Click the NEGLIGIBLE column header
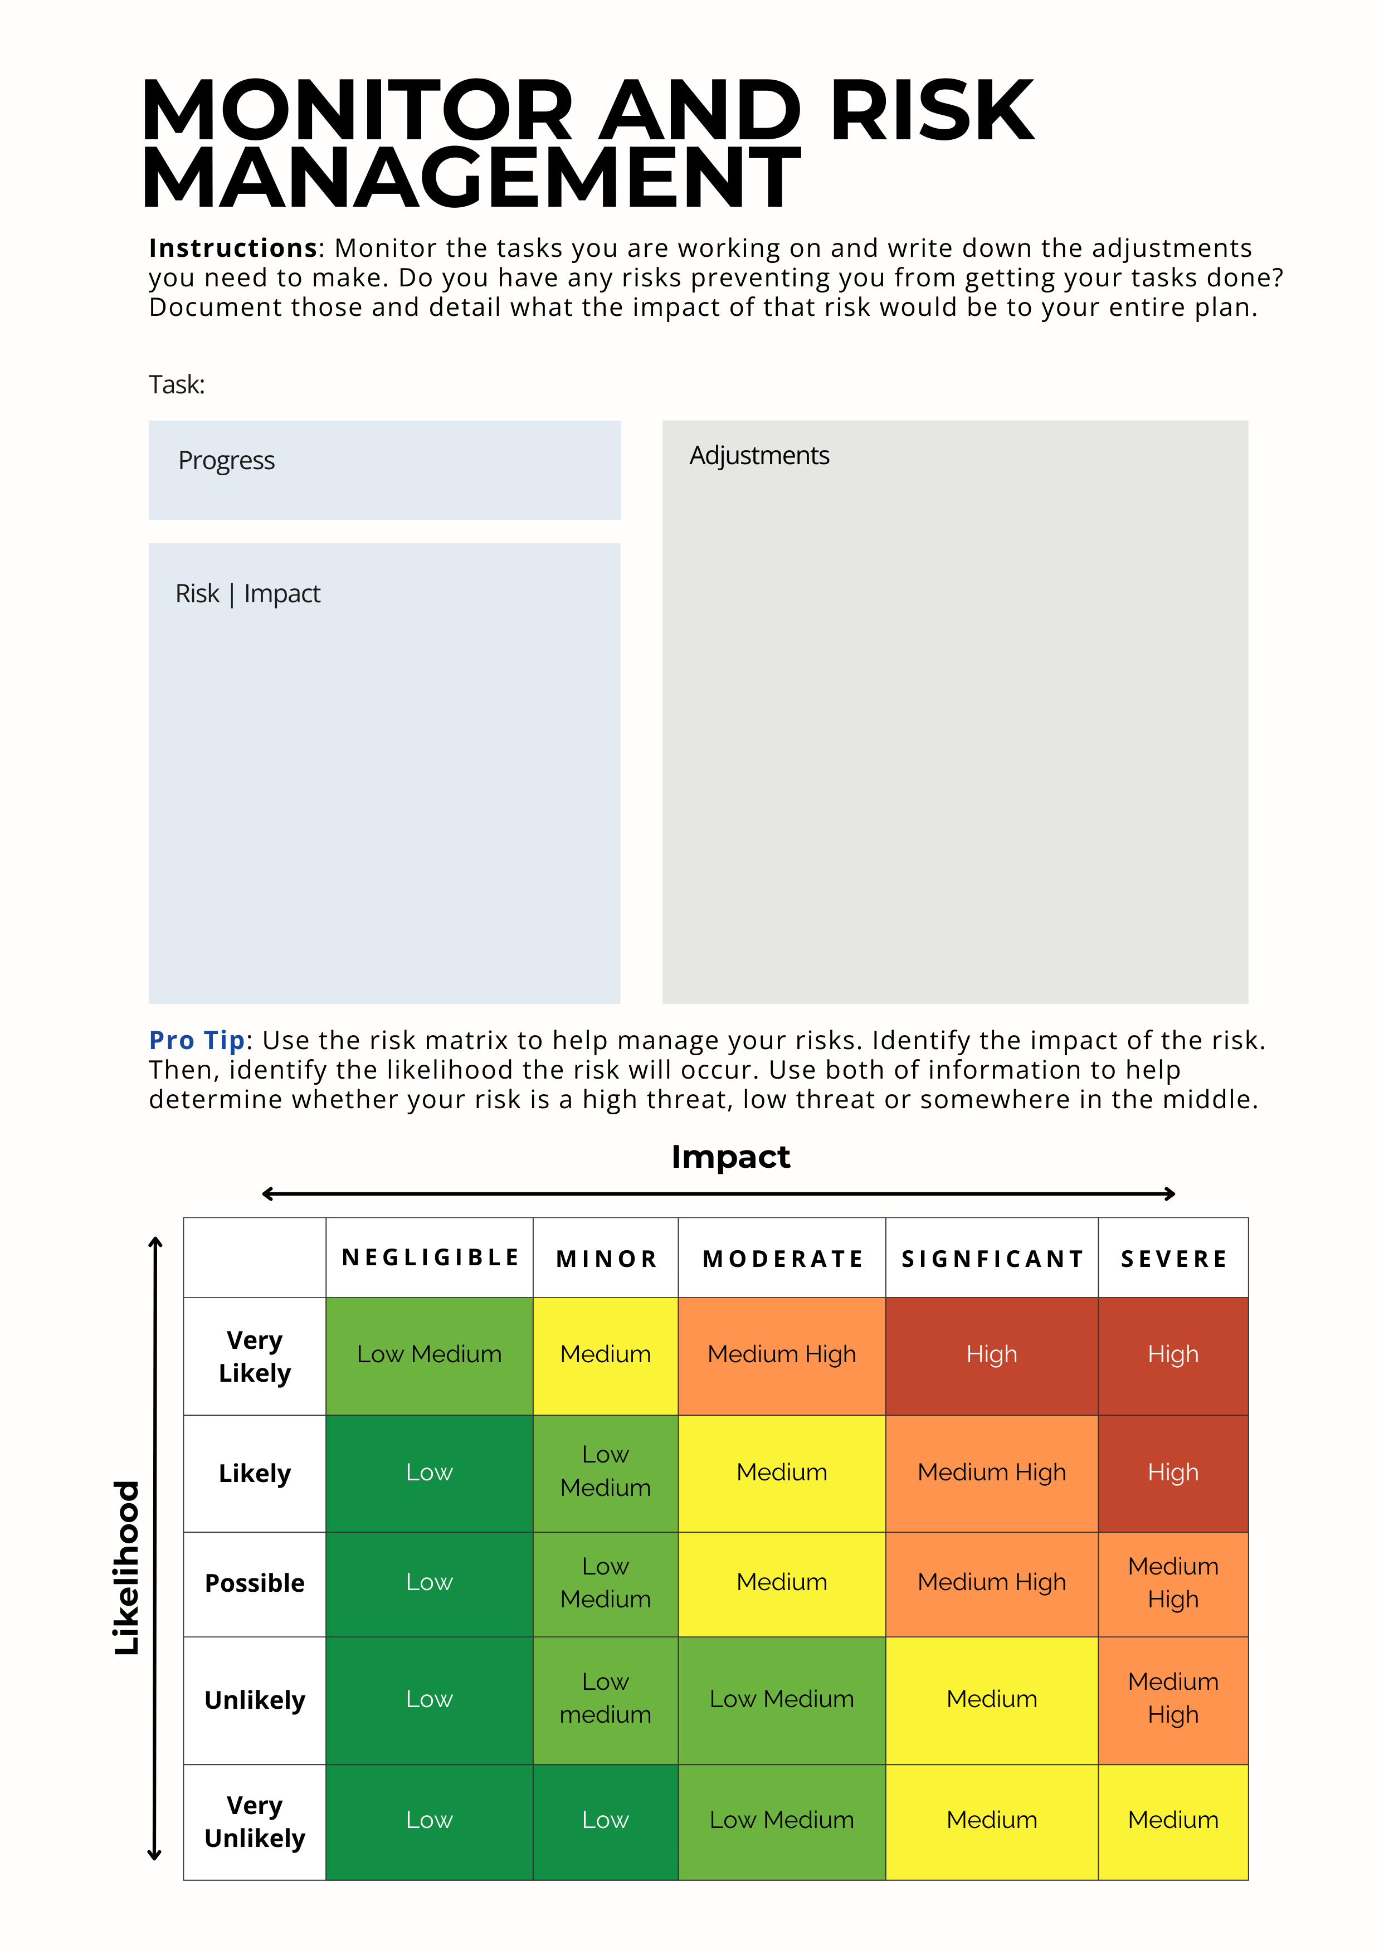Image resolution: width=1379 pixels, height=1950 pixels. pyautogui.click(x=430, y=1258)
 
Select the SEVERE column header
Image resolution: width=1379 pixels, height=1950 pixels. pyautogui.click(x=1173, y=1259)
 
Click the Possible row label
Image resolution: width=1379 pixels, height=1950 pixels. pyautogui.click(x=255, y=1583)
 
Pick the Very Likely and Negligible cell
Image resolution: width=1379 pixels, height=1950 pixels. pyautogui.click(x=430, y=1354)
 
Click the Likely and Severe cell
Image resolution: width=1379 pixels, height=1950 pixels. pyautogui.click(x=1173, y=1472)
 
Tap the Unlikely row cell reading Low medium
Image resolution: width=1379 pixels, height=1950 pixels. pyautogui.click(x=606, y=1699)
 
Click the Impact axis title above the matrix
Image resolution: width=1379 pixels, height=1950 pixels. pyautogui.click(x=730, y=1157)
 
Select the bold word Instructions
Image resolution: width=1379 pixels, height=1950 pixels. pyautogui.click(x=233, y=248)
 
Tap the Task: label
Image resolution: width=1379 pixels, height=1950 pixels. pyautogui.click(x=177, y=385)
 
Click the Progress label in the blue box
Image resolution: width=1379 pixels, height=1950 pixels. pyautogui.click(x=227, y=460)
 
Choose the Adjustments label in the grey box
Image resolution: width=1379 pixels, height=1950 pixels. pyautogui.click(x=759, y=456)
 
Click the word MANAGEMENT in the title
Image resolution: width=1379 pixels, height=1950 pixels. pyautogui.click(x=471, y=178)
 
